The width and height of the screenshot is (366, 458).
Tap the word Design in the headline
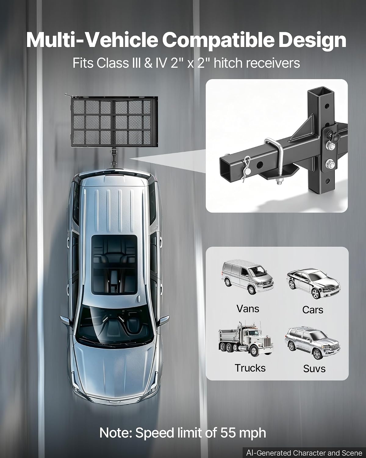tap(312, 41)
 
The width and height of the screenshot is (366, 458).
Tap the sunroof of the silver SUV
tap(114, 265)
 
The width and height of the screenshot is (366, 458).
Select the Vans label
tap(248, 309)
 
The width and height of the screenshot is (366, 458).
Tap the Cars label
tap(313, 310)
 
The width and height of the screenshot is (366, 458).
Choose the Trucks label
tap(250, 368)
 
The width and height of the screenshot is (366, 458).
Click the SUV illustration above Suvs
tap(312, 343)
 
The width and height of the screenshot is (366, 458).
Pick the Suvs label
tap(314, 369)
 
